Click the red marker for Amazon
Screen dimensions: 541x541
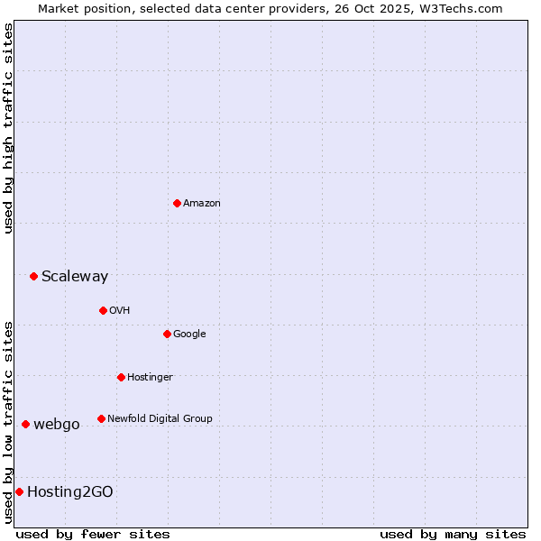tap(177, 203)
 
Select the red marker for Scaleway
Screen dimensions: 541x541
tap(33, 276)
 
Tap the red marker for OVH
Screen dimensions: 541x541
tap(103, 310)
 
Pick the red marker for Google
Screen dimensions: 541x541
tap(167, 334)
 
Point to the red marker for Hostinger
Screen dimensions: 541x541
tap(121, 377)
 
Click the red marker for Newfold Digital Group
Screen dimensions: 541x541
tap(101, 418)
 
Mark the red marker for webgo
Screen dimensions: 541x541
tap(25, 424)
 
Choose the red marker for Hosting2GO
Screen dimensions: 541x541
tap(19, 491)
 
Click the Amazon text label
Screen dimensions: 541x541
tap(202, 203)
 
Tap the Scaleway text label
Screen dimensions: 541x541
tap(75, 276)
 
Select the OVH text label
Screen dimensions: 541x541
tap(120, 310)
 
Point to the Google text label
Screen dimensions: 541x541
tap(189, 334)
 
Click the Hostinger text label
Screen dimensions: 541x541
tap(150, 377)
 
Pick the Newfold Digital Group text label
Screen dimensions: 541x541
tap(160, 418)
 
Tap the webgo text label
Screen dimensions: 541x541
tap(57, 424)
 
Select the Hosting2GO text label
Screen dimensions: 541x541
tap(70, 491)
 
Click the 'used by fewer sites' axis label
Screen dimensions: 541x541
tap(93, 534)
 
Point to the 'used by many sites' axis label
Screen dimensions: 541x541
tap(453, 534)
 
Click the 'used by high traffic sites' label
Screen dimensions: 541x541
tap(8, 128)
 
